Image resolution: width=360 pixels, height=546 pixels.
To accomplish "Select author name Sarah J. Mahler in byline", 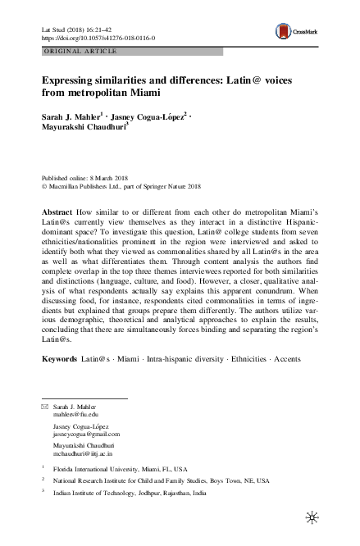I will (72, 116).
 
